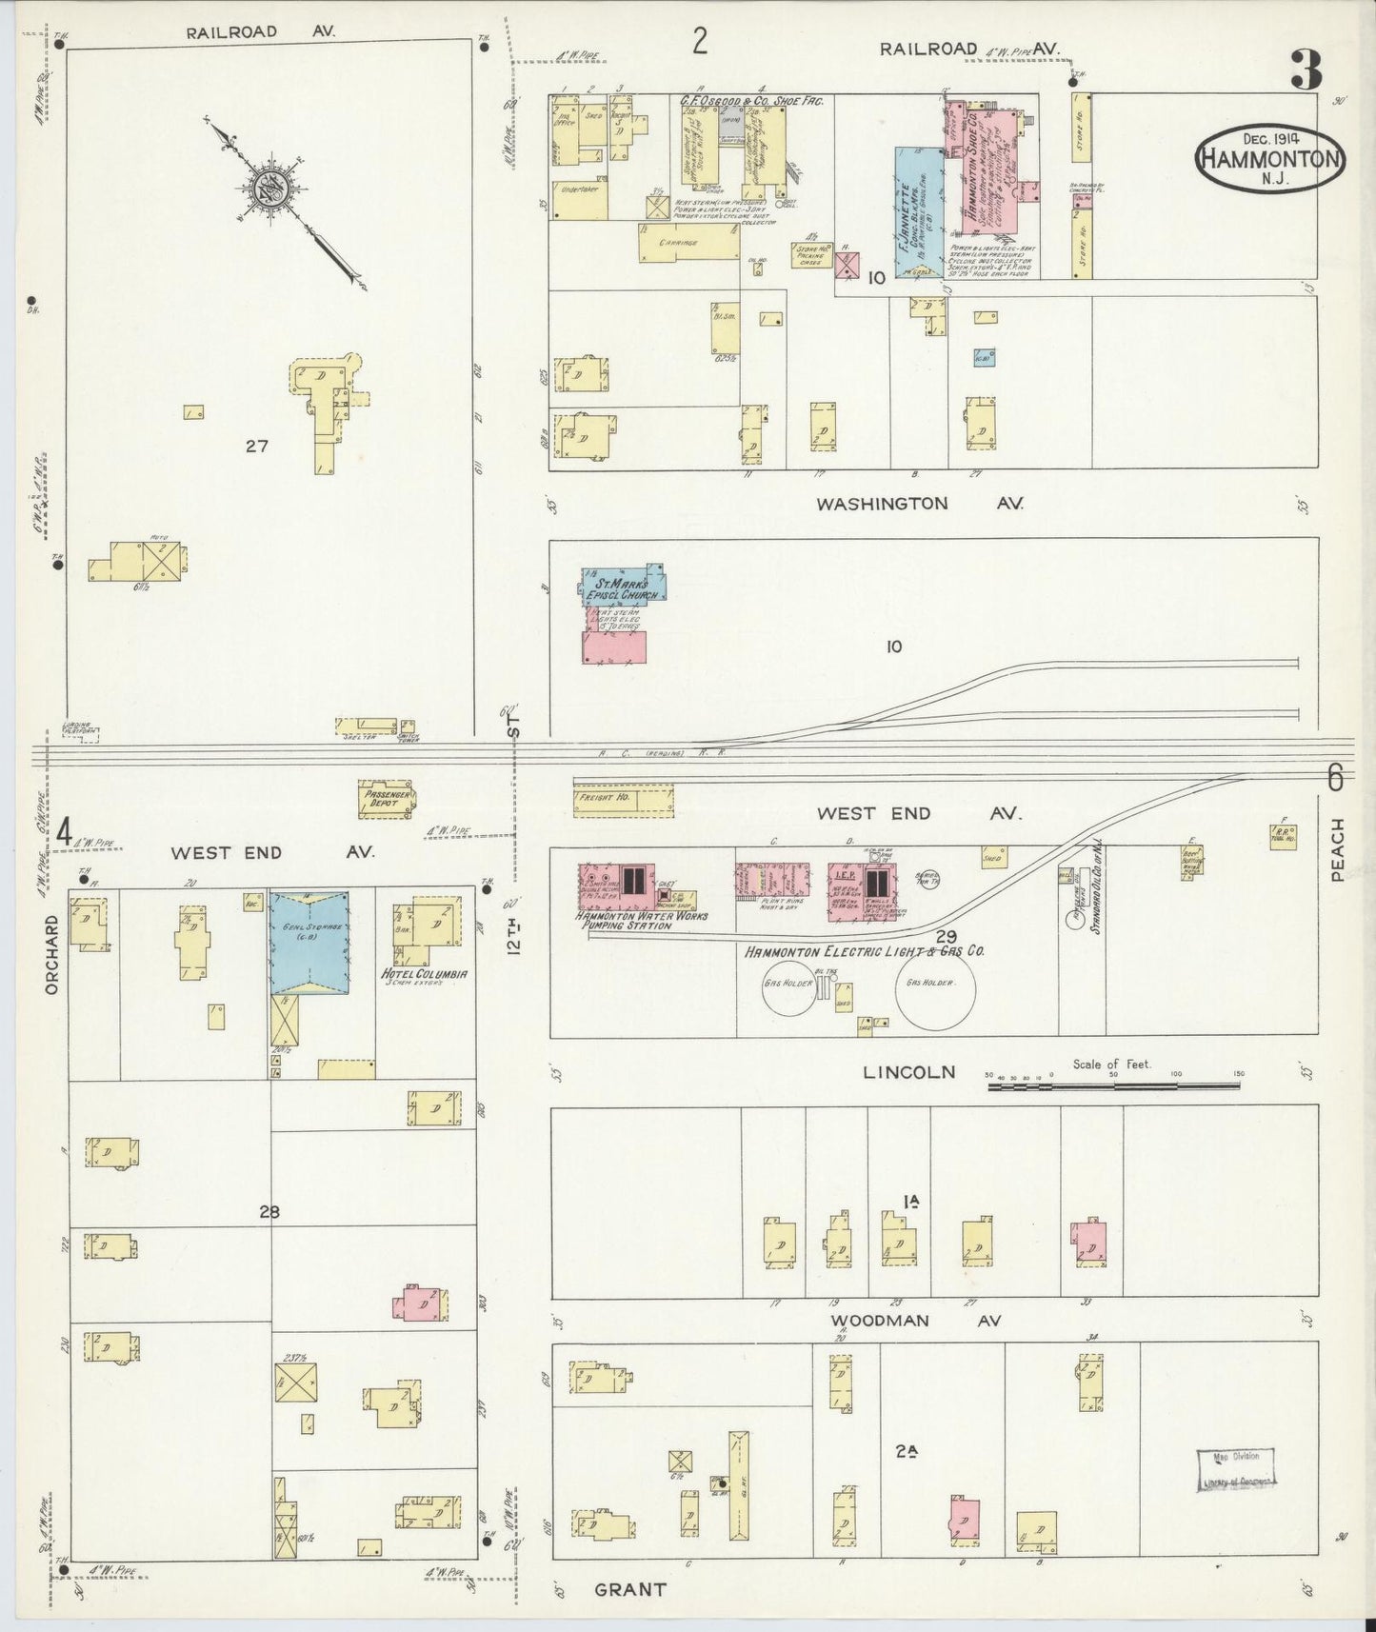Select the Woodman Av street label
point(914,1321)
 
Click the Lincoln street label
point(908,1072)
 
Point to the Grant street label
point(630,1589)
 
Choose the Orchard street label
point(51,954)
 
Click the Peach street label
point(1338,849)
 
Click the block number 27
point(256,445)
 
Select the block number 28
point(269,1212)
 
